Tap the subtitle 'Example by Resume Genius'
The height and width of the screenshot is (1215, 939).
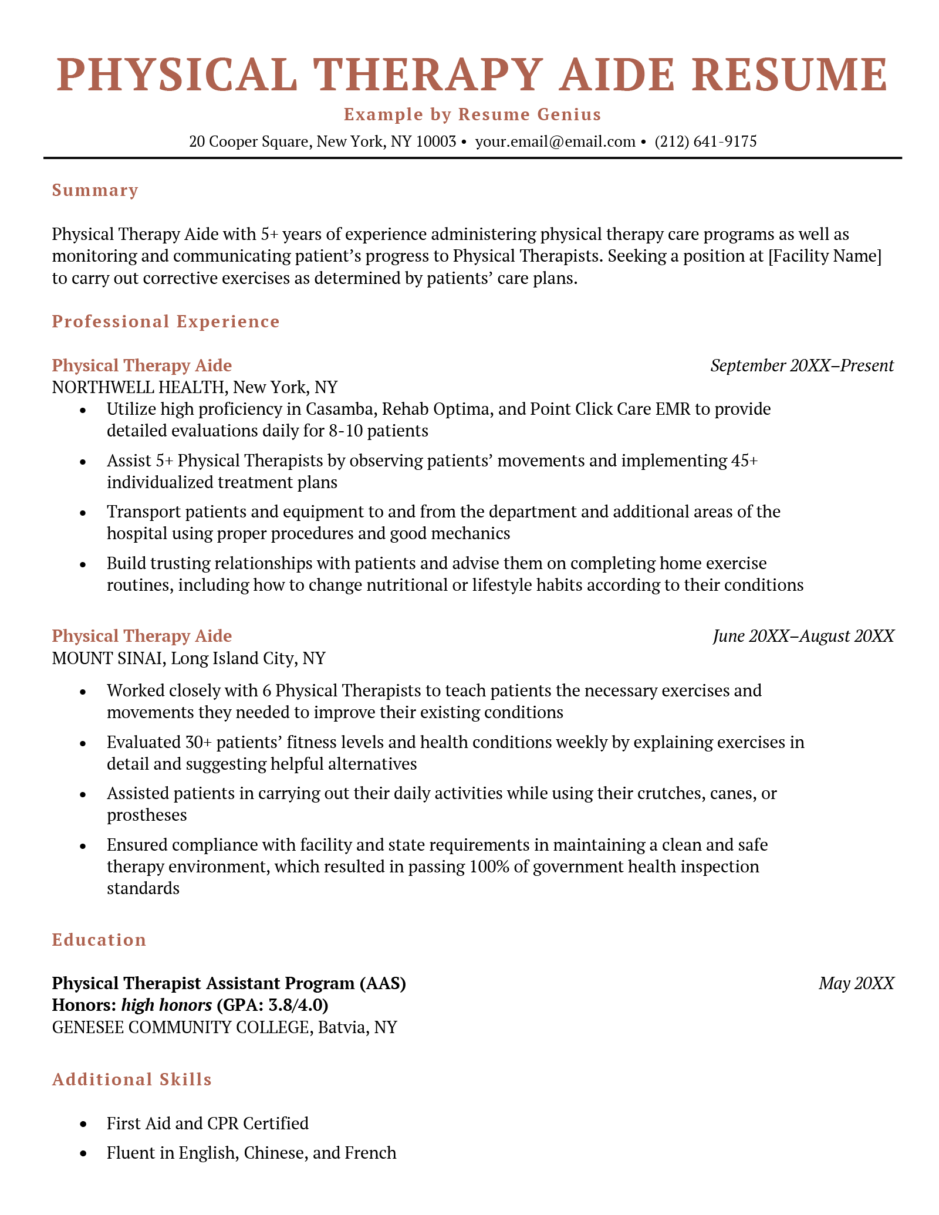pyautogui.click(x=472, y=114)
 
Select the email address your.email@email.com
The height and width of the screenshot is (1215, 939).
pyautogui.click(x=555, y=141)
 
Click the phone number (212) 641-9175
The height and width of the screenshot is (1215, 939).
pyautogui.click(x=705, y=141)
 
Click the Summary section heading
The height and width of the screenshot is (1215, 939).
pyautogui.click(x=95, y=190)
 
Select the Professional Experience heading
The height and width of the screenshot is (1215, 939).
pyautogui.click(x=165, y=321)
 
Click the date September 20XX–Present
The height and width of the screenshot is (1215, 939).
pyautogui.click(x=802, y=365)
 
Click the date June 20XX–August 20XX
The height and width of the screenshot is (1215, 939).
pyautogui.click(x=803, y=636)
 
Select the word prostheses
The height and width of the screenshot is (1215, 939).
pyautogui.click(x=147, y=815)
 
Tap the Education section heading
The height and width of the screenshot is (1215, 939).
pyautogui.click(x=99, y=940)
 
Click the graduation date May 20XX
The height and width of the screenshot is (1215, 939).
pyautogui.click(x=856, y=983)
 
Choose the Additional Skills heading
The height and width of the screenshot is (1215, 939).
pyautogui.click(x=131, y=1079)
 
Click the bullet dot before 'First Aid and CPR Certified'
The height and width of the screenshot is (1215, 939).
pyautogui.click(x=83, y=1124)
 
